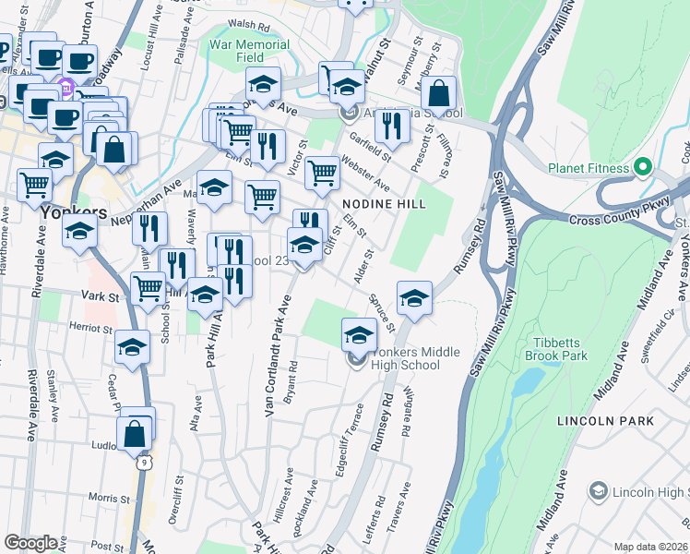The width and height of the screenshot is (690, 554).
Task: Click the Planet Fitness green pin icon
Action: pos(644,168)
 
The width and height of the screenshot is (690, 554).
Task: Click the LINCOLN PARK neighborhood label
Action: pos(605,421)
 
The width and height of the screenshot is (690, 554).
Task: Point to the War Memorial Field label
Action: pos(249,51)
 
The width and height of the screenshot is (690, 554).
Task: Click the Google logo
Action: pos(31,542)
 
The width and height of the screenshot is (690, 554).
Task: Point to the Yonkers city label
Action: pos(67,211)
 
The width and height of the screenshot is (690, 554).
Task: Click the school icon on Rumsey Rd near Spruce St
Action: pos(415,298)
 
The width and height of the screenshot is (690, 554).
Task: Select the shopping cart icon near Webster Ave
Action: pos(322,172)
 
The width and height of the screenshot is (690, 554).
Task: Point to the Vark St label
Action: pos(98,297)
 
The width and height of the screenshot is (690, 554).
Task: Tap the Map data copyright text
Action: pos(650,547)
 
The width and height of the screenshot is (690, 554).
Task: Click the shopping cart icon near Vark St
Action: pos(148,287)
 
